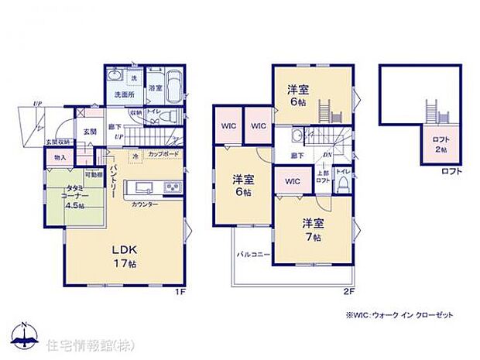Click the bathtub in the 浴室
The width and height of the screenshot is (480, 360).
[x=173, y=83]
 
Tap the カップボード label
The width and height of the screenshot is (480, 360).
[x=162, y=156]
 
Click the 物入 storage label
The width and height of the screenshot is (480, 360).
[x=60, y=158]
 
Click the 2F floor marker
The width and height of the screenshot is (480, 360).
[x=348, y=292]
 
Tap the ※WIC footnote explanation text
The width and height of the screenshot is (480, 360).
[x=399, y=316]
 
